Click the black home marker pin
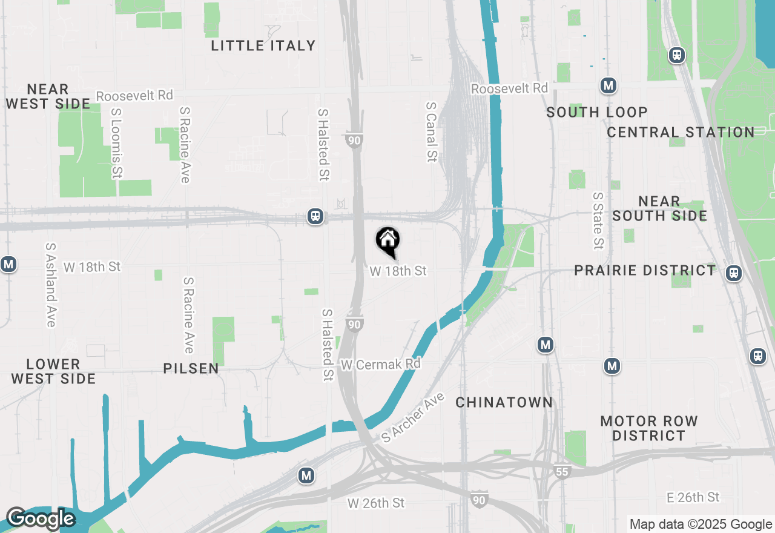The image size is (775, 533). pyautogui.click(x=387, y=241)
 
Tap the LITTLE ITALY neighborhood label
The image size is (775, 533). pyautogui.click(x=263, y=45)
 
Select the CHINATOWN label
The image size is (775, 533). pyautogui.click(x=504, y=402)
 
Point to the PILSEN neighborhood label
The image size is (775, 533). pyautogui.click(x=191, y=368)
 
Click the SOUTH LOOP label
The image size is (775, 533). pyautogui.click(x=597, y=112)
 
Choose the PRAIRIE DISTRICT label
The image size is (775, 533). pyautogui.click(x=645, y=270)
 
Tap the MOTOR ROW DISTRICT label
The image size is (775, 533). pyautogui.click(x=649, y=428)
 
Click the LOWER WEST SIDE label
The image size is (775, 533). pyautogui.click(x=53, y=371)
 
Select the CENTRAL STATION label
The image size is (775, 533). pyautogui.click(x=681, y=132)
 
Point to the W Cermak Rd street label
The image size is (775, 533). pyautogui.click(x=381, y=364)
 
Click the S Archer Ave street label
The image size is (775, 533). pyautogui.click(x=414, y=417)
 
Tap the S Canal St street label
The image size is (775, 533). pyautogui.click(x=431, y=131)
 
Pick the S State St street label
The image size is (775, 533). pyautogui.click(x=598, y=220)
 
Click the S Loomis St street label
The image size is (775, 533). pyautogui.click(x=116, y=144)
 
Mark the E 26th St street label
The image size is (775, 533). pyautogui.click(x=693, y=497)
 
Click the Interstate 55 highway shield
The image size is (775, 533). pyautogui.click(x=562, y=471)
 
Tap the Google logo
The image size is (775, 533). pyautogui.click(x=40, y=518)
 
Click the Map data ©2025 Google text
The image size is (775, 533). pyautogui.click(x=701, y=525)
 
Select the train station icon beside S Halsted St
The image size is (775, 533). pyautogui.click(x=315, y=216)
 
